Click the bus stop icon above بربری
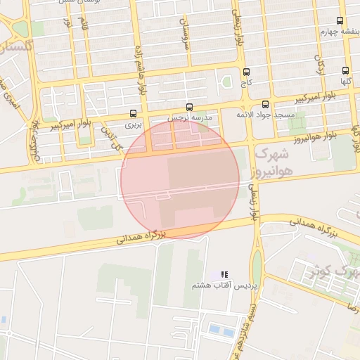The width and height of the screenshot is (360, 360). [x=134, y=113]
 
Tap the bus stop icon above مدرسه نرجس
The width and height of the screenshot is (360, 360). [x=188, y=106]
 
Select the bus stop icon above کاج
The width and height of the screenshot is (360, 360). [x=246, y=72]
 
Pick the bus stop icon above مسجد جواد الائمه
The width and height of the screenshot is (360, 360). [x=265, y=103]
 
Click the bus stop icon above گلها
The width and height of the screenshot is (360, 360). [x=345, y=70]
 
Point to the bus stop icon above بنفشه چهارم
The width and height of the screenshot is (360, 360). [x=340, y=20]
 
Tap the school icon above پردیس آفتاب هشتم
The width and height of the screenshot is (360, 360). [x=224, y=275]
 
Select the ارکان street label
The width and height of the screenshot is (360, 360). [x=321, y=67]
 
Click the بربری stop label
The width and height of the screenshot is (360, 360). [x=134, y=124]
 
